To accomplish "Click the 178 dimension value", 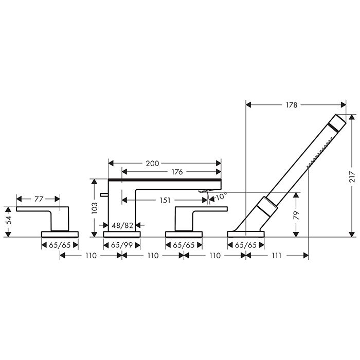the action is tap(292, 105).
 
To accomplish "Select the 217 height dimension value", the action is tap(352, 177).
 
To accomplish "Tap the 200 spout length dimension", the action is tap(152, 164).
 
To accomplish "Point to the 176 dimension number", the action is tap(177, 171).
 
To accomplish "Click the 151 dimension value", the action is tap(165, 200).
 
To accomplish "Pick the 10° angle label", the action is tap(221, 196).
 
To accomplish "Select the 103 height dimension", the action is tap(94, 208).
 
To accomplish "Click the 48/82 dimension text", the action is tap(122, 225).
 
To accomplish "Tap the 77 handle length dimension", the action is tap(39, 199).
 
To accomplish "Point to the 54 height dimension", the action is tap(8, 220).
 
